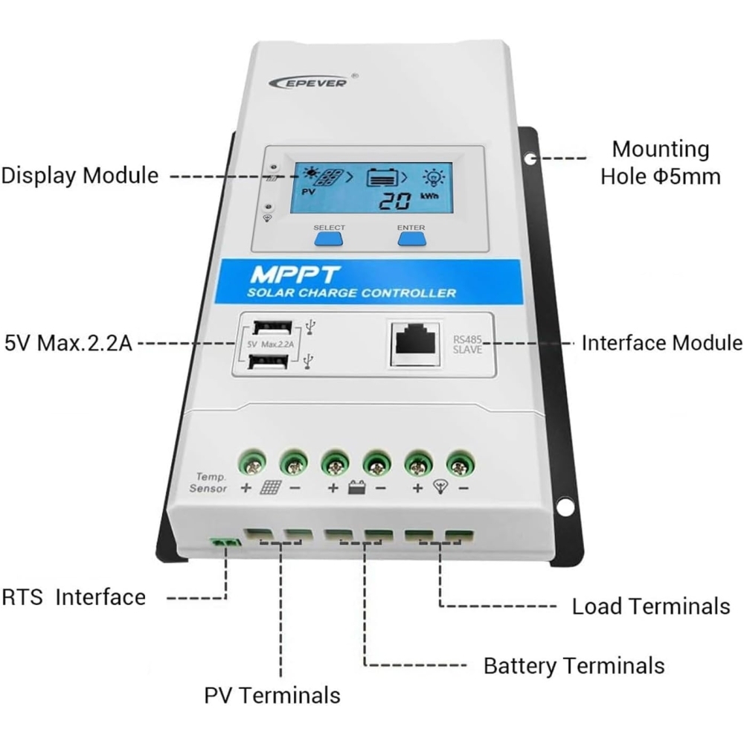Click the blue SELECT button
(328, 238)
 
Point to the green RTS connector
(225, 545)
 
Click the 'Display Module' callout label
(80, 176)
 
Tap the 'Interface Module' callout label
(661, 343)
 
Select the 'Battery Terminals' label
(573, 664)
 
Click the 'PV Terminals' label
(272, 695)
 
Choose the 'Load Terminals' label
(650, 606)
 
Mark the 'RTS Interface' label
(73, 597)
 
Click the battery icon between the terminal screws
(356, 489)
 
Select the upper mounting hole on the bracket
(529, 158)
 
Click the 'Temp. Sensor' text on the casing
(208, 482)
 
